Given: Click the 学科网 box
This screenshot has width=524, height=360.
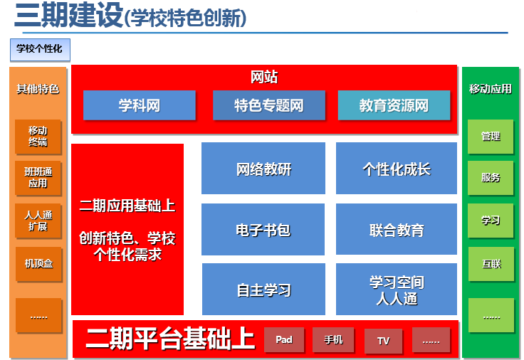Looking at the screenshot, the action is [x=140, y=105].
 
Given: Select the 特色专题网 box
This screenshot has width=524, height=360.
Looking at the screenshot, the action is [x=269, y=105].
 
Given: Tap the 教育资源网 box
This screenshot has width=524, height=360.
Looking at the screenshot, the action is [x=394, y=105].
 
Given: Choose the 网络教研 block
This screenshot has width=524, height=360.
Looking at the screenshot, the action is [x=263, y=169].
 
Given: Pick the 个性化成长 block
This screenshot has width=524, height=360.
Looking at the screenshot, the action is [x=397, y=169].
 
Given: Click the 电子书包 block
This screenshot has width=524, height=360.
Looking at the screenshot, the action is [x=263, y=229].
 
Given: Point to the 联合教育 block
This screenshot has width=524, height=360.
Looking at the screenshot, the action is [x=397, y=229].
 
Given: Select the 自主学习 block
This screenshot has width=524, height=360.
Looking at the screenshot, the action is [x=263, y=289].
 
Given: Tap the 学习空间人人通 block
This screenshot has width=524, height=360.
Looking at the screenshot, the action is [x=397, y=289].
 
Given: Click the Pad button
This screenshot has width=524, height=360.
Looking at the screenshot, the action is [x=284, y=339].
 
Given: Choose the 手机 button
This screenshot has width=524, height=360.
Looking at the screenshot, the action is [x=333, y=339].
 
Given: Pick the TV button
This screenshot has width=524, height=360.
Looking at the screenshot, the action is [x=383, y=341].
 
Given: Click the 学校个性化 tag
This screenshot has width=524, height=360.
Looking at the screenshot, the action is [x=40, y=50].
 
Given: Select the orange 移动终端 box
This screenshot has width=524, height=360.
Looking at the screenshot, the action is [x=38, y=137].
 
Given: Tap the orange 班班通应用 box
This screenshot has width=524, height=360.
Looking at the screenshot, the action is [x=38, y=178].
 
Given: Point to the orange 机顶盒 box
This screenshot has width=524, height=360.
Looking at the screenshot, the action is [x=38, y=264].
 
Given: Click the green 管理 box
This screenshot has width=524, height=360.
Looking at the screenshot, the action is [x=491, y=137].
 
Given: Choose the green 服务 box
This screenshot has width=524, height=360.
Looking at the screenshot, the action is [x=491, y=178].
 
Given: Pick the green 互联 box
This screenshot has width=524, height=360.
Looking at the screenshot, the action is [x=491, y=264].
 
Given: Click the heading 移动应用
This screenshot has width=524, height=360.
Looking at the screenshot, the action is [x=491, y=89].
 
